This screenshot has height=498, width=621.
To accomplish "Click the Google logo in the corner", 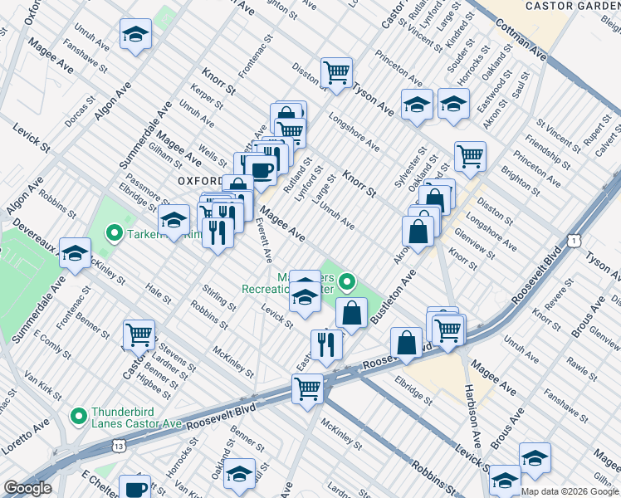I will [x=27, y=488].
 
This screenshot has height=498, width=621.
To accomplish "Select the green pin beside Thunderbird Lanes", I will [x=79, y=415].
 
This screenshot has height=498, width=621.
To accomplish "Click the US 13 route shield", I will [x=121, y=447].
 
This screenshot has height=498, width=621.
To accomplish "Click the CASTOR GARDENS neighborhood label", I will [x=574, y=7].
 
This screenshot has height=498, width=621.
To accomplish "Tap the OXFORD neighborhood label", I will [x=199, y=180].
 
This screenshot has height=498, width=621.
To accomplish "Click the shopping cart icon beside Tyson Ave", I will [x=337, y=71].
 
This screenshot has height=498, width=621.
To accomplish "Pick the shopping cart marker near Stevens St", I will [x=139, y=334].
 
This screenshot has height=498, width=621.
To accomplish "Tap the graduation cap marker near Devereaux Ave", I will [x=76, y=254].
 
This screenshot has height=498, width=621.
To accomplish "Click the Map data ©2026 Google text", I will [x=569, y=491].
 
